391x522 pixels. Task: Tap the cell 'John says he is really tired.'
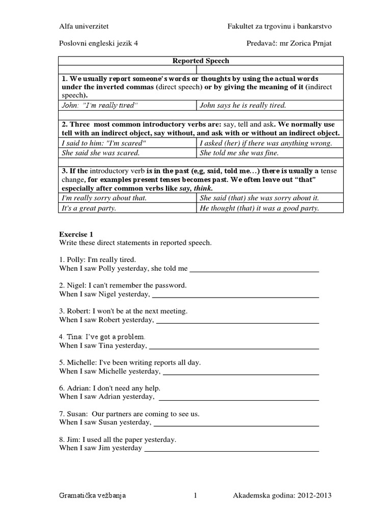[x=243, y=106]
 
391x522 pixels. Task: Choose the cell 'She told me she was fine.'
[x=239, y=152]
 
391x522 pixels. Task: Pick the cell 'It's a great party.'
[x=89, y=208]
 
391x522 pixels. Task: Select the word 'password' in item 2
[x=172, y=285]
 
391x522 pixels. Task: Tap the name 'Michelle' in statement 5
[x=83, y=362]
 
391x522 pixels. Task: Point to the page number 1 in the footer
[x=195, y=495]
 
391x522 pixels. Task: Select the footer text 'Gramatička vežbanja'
[x=93, y=495]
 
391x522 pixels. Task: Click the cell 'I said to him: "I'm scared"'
[x=103, y=143]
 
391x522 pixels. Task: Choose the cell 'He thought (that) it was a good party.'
[x=260, y=208]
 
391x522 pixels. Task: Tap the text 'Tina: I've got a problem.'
[x=102, y=337]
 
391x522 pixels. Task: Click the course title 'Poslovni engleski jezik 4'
[x=98, y=44]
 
